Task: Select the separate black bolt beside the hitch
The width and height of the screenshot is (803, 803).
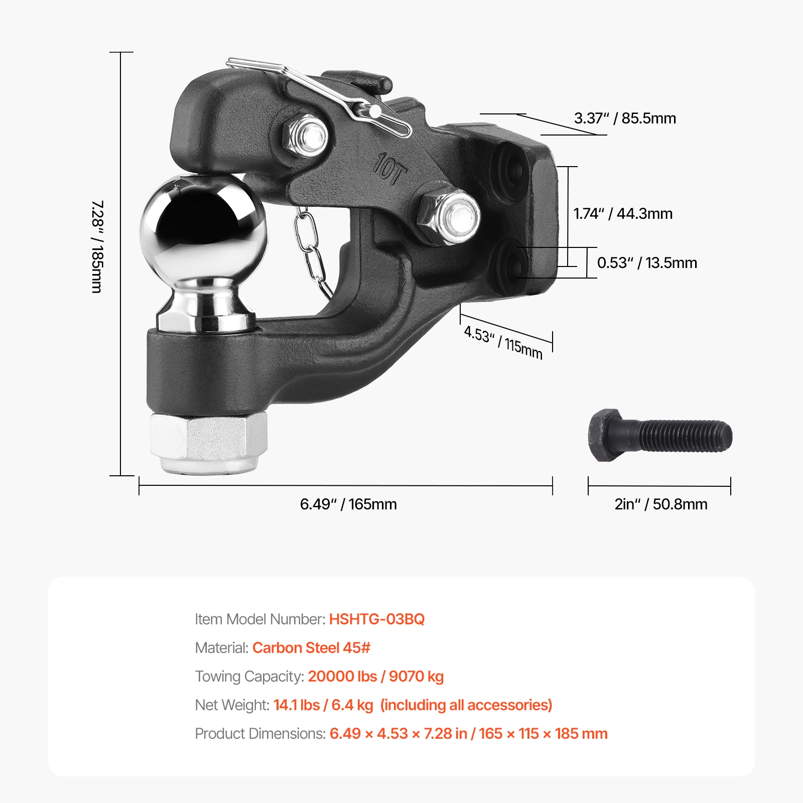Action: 660,435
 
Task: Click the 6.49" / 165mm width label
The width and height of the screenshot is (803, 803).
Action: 348,504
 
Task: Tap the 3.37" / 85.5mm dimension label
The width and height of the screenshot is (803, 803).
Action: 625,118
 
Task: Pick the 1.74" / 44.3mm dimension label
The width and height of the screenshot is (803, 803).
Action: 623,214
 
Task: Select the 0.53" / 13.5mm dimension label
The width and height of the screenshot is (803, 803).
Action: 647,262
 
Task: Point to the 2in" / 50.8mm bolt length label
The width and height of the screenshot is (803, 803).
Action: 661,504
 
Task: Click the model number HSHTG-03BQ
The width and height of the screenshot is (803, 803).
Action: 377,619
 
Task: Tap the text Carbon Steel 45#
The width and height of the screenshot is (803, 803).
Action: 311,647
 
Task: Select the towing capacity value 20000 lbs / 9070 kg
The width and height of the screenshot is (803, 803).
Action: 376,677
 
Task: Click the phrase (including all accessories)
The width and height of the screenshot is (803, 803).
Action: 466,705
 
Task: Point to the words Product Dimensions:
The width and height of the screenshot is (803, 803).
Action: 260,734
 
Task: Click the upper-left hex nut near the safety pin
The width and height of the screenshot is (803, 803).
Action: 306,135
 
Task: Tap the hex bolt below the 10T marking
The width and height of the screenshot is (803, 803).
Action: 448,216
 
